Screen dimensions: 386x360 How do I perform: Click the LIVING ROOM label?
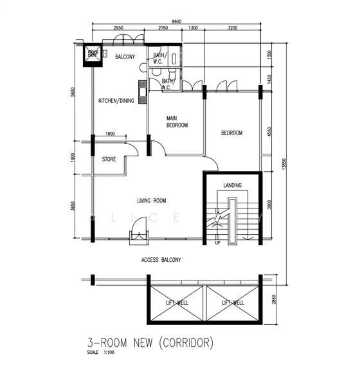pyautogui.click(x=152, y=201)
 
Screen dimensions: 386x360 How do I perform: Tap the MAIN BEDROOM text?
pyautogui.click(x=177, y=122)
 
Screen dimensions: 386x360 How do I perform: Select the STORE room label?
pyautogui.click(x=109, y=159)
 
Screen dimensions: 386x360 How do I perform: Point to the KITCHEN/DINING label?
pyautogui.click(x=116, y=100)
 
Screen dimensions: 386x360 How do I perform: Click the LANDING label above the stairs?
pyautogui.click(x=233, y=186)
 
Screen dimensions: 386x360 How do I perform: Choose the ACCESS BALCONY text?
pyautogui.click(x=161, y=260)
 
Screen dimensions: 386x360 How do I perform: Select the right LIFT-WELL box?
pyautogui.click(x=233, y=302)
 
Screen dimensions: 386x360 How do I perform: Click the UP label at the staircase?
pyautogui.click(x=218, y=243)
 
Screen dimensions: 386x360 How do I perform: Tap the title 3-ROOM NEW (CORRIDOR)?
pyautogui.click(x=150, y=343)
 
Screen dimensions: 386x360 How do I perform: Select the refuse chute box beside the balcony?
pyautogui.click(x=93, y=55)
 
